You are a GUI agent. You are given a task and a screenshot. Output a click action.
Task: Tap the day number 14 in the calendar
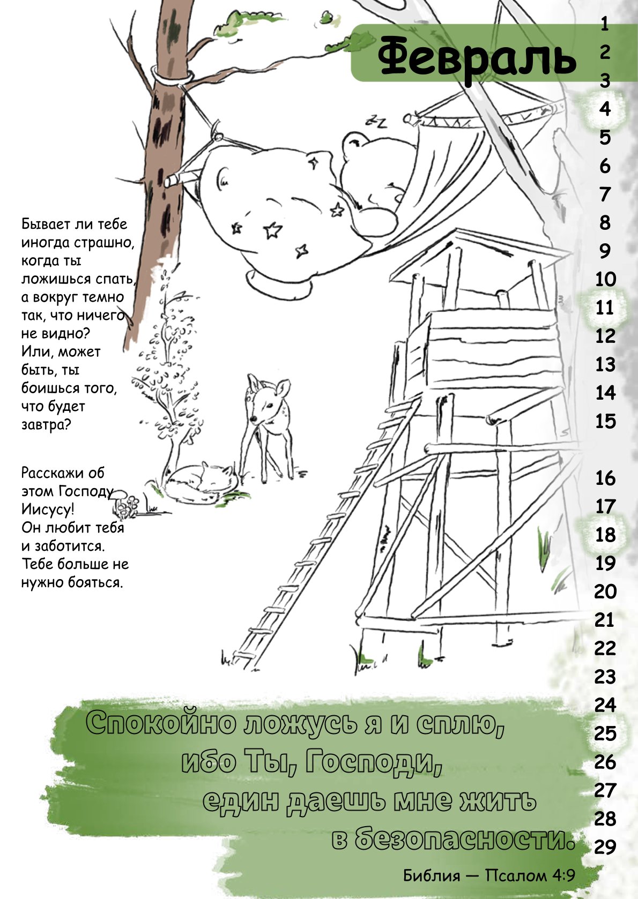tap(605, 393)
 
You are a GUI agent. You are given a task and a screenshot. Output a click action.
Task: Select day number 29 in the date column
tap(605, 847)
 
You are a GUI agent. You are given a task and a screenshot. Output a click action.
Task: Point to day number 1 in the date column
tap(605, 24)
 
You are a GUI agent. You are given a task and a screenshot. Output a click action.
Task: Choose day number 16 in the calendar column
tap(605, 478)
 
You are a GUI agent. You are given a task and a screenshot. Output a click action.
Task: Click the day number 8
tap(605, 222)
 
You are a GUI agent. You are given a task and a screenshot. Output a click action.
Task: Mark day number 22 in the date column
tap(605, 648)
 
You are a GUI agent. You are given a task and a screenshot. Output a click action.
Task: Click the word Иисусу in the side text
tap(48, 510)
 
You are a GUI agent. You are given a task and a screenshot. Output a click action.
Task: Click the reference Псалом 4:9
tap(530, 875)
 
